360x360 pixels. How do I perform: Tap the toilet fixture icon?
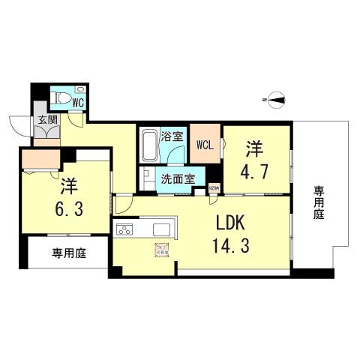click(61, 97)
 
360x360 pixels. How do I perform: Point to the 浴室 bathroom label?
click(172, 136)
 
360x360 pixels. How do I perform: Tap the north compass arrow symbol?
click(274, 98)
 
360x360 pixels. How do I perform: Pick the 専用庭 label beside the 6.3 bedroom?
click(68, 253)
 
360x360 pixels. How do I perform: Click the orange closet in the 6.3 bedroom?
click(40, 160)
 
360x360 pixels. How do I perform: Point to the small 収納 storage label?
click(214, 187)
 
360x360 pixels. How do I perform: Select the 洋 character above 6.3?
click(69, 183)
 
